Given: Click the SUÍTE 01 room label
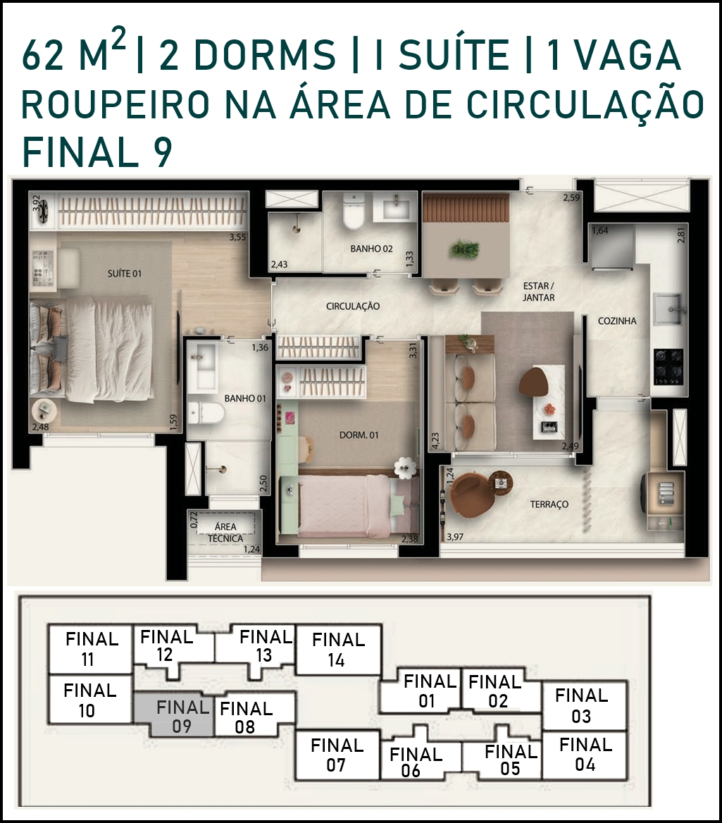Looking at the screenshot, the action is [125, 273].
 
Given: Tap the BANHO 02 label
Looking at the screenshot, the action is [371, 249].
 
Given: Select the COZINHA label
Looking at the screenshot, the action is [617, 321].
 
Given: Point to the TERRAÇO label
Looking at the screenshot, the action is [549, 505].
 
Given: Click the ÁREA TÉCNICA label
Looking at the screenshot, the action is [225, 532].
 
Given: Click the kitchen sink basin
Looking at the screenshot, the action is [668, 309].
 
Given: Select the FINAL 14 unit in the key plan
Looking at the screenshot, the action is [338, 649].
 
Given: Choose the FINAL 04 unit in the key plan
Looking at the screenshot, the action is [585, 755].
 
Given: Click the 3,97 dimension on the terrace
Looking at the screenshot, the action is [455, 537].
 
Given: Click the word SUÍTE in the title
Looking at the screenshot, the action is [454, 56].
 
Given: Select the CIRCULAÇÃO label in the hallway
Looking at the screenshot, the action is [353, 306].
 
